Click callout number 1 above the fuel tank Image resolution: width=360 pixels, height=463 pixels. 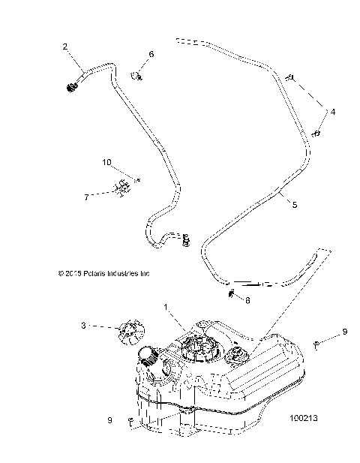click(x=166, y=307)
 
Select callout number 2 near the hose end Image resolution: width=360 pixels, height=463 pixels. click(x=65, y=47)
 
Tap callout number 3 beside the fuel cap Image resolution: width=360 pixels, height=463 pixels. click(x=104, y=325)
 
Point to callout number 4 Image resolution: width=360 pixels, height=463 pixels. click(x=333, y=111)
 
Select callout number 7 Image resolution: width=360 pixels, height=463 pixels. click(x=107, y=197)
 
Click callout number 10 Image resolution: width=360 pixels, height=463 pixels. click(x=106, y=161)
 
